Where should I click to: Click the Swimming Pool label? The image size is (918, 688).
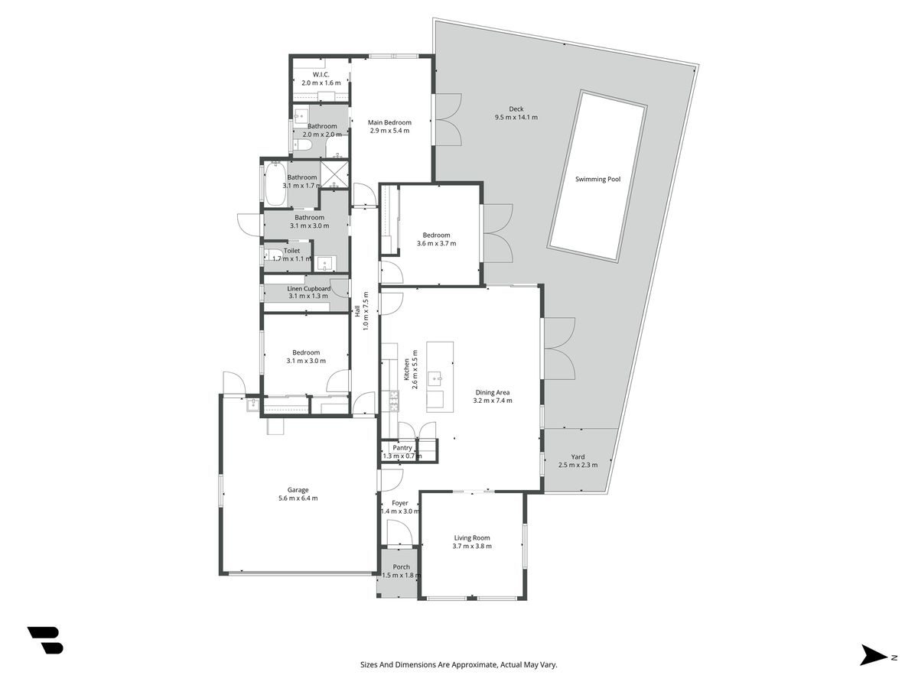(x=597, y=179)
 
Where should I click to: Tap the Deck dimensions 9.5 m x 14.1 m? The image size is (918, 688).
(x=516, y=118)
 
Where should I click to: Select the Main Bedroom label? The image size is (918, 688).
(x=389, y=122)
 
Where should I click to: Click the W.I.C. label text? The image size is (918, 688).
(x=321, y=75)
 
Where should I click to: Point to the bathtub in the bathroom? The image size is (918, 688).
(x=275, y=184)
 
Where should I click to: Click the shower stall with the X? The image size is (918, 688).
(x=334, y=174)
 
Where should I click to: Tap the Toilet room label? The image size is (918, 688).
(x=291, y=251)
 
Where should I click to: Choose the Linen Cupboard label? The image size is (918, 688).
(x=308, y=289)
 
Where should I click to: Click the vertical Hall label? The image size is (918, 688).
(x=357, y=311)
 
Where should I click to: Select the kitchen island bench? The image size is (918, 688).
(x=440, y=377)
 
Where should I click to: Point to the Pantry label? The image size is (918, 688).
(x=402, y=448)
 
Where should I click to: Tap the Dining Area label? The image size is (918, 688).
(x=492, y=392)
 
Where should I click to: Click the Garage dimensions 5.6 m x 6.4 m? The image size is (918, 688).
(x=298, y=498)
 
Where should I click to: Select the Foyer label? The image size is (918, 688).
(x=400, y=503)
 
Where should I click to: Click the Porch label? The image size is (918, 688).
(x=401, y=567)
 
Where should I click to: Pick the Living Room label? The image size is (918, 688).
(x=472, y=538)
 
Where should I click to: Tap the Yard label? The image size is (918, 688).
(x=578, y=457)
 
